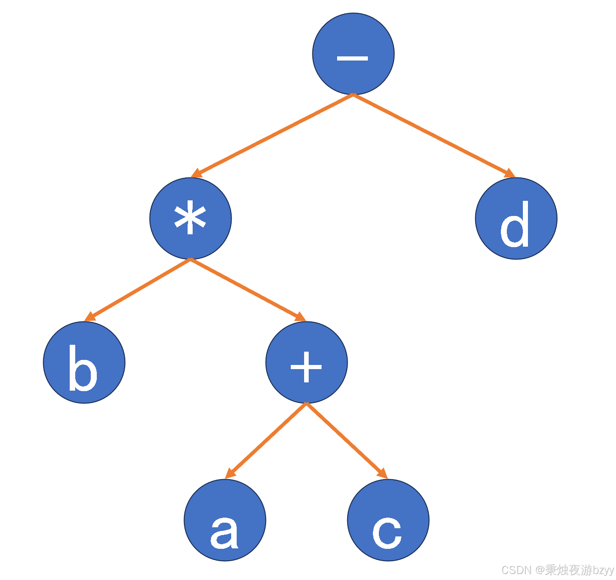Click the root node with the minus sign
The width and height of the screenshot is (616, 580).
click(353, 54)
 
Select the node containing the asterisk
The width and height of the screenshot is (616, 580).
click(190, 218)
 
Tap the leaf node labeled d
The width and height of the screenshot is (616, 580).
click(516, 218)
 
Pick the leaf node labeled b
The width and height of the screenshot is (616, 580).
click(84, 362)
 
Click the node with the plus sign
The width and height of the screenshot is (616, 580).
click(306, 362)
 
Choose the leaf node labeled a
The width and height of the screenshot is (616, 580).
click(225, 520)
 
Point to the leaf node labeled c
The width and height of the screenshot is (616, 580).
click(388, 520)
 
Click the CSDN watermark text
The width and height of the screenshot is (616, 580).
click(557, 570)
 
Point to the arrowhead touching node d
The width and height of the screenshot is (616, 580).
click(510, 174)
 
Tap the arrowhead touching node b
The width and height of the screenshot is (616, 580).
click(89, 317)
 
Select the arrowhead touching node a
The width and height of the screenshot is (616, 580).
click(230, 474)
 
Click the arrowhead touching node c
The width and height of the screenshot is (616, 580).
click(383, 474)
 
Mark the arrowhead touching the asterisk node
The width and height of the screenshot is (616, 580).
click(196, 174)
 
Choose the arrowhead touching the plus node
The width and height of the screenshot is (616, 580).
click(300, 317)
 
